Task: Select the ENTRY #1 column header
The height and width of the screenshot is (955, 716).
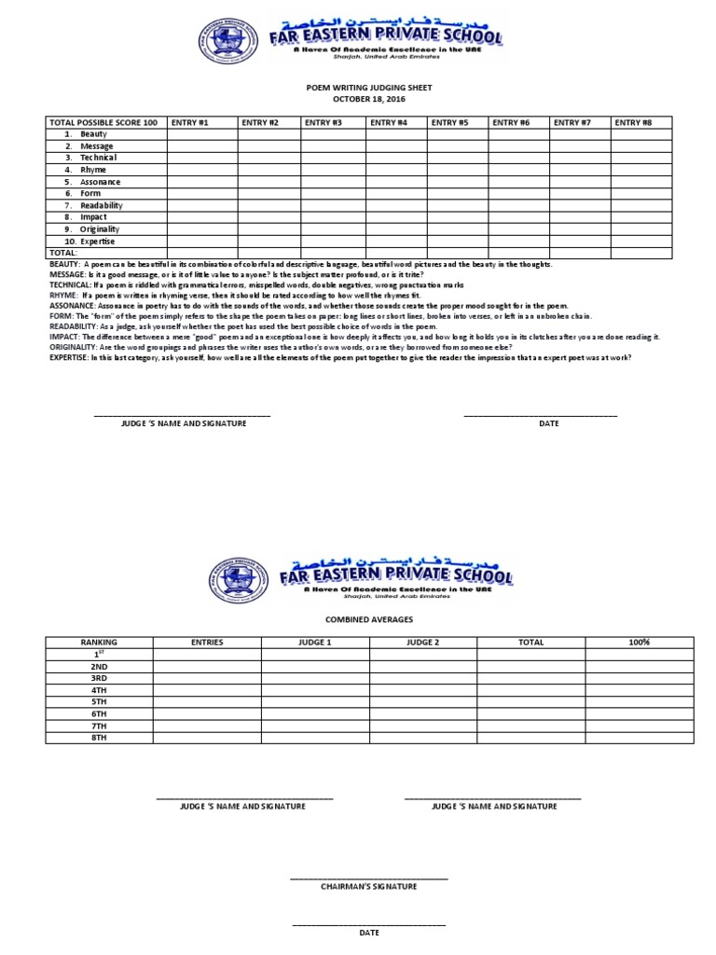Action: click(x=189, y=122)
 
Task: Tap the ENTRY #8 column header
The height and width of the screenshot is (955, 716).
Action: click(x=634, y=122)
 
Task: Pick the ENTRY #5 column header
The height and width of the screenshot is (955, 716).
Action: click(x=449, y=122)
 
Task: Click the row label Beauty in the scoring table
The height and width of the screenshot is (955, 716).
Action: click(x=93, y=134)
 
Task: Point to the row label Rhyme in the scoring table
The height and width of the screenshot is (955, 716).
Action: click(x=92, y=170)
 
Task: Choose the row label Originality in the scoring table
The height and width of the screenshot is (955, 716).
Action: click(x=99, y=228)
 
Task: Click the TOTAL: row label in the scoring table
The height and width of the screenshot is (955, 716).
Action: click(x=63, y=252)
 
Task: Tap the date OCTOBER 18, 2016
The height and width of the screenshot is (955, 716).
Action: click(x=369, y=98)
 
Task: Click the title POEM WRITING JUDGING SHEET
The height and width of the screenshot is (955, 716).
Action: click(x=369, y=87)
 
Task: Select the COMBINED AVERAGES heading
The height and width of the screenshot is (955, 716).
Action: click(x=369, y=619)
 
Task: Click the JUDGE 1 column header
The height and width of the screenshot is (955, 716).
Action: click(x=315, y=643)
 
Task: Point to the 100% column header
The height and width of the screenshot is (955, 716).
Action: click(x=639, y=643)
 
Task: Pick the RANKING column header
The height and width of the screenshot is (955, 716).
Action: click(x=99, y=643)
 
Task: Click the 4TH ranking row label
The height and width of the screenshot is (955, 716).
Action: click(x=99, y=690)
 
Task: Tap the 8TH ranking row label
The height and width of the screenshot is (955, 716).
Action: click(x=99, y=738)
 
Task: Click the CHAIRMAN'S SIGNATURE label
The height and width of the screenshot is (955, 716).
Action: click(x=369, y=886)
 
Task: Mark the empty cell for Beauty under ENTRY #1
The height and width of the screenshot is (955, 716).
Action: click(x=201, y=134)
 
